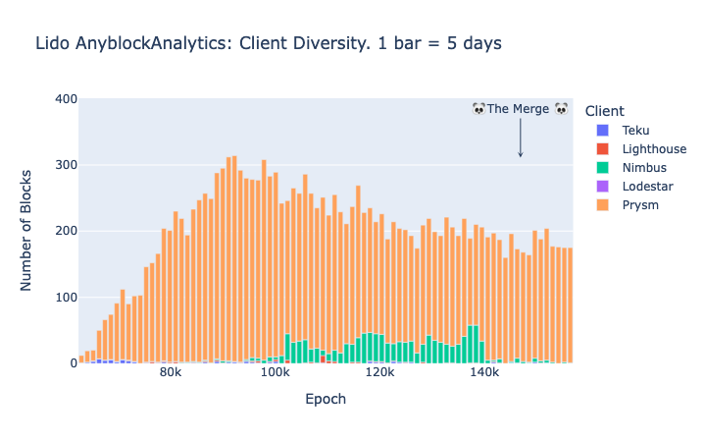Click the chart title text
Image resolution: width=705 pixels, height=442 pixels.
click(x=268, y=44)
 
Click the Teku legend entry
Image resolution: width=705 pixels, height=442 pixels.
click(x=635, y=131)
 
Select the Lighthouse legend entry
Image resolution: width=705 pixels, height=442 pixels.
click(x=654, y=149)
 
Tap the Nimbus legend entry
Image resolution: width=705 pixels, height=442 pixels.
click(x=644, y=168)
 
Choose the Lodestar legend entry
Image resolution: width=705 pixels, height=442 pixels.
click(x=648, y=187)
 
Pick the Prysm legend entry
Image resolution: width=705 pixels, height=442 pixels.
click(x=640, y=205)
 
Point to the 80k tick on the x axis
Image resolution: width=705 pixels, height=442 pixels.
click(x=171, y=375)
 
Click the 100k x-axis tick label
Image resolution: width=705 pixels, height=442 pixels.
click(x=275, y=375)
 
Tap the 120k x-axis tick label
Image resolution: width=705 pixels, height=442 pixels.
click(x=378, y=375)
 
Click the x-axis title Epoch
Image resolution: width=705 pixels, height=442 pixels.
click(x=326, y=400)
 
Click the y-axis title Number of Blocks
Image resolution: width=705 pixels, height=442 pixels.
click(x=27, y=231)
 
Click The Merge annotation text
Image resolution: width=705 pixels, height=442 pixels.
click(x=520, y=109)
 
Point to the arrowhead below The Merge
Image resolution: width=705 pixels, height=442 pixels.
click(x=521, y=154)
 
